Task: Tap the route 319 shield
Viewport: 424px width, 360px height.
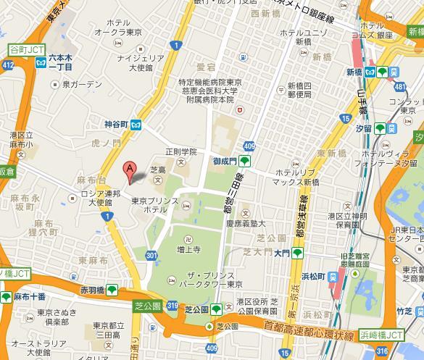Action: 172,308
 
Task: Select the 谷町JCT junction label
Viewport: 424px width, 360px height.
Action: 25,49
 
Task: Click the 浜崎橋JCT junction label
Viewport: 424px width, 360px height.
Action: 383,335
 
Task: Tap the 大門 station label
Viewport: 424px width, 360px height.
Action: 282,252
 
